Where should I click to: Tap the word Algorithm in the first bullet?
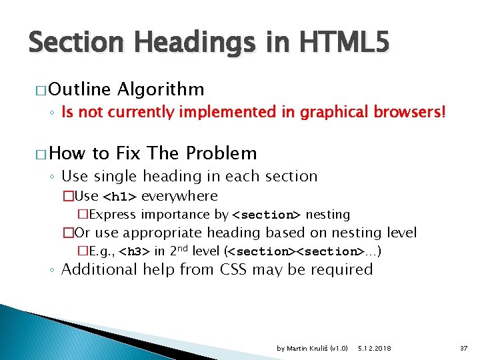tap(160, 89)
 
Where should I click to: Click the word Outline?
tap(80, 89)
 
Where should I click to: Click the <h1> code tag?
tap(120, 197)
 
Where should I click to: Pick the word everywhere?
tap(179, 196)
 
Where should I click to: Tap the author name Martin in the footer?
tap(297, 349)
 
